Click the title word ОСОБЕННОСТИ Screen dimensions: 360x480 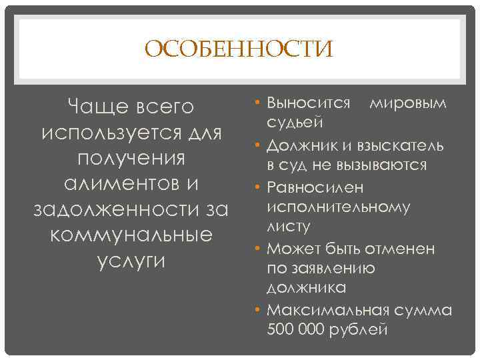[239, 49]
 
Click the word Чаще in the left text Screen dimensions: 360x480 [95, 107]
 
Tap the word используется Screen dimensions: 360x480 [106, 133]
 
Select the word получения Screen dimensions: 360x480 [131, 159]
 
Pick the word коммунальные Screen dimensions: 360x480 [131, 235]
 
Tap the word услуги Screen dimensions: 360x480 [131, 261]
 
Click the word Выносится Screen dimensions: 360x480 [309, 103]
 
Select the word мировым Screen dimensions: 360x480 [408, 103]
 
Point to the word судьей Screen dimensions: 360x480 [295, 122]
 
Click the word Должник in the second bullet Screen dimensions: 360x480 [299, 145]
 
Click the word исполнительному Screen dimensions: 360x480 [338, 206]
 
